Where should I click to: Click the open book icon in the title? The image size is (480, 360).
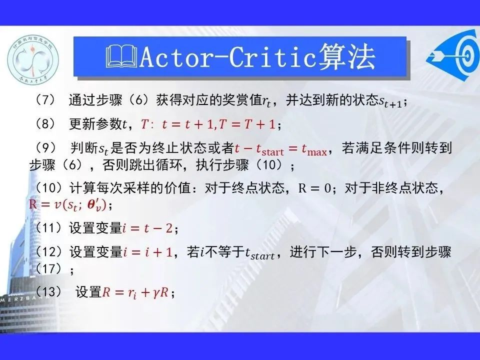point(121,56)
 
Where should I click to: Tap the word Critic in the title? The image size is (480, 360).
point(272,57)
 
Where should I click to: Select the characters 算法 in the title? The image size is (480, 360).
point(347,56)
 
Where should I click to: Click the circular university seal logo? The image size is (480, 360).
point(33,59)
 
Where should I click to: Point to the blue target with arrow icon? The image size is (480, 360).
point(453,55)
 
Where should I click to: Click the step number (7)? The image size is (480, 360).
point(45,100)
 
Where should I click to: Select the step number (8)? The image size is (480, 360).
point(45,123)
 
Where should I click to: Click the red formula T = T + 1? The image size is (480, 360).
point(247,124)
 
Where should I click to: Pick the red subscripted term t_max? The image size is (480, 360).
point(314,149)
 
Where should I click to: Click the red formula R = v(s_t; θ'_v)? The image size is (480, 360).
point(67,204)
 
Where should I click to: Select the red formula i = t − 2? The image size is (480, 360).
point(147,228)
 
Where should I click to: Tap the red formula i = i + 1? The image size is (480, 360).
point(148,252)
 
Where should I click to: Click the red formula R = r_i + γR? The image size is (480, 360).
point(135,292)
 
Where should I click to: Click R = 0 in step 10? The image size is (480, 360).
point(314,188)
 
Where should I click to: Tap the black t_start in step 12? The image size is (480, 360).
point(259,253)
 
